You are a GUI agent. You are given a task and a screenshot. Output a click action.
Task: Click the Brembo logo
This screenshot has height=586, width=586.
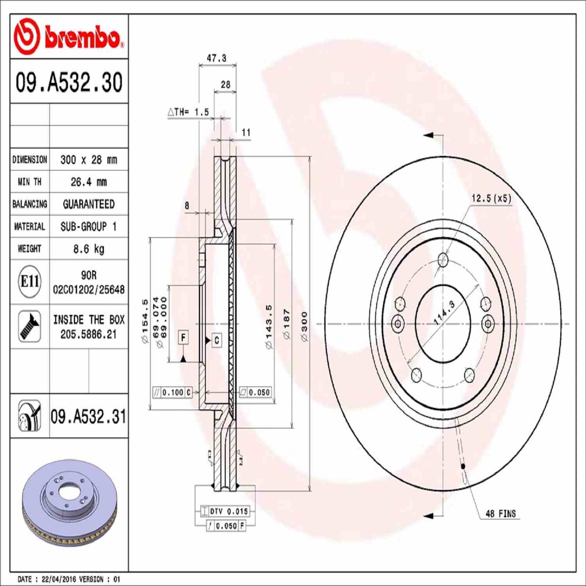(x=69, y=36)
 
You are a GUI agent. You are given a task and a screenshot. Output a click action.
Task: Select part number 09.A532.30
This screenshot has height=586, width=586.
(x=69, y=82)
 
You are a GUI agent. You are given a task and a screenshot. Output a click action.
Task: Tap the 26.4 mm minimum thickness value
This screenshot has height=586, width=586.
(x=89, y=182)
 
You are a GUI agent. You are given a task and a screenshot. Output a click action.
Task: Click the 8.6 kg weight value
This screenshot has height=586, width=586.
(x=89, y=248)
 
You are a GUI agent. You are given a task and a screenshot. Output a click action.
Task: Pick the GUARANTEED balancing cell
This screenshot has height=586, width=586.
(x=89, y=204)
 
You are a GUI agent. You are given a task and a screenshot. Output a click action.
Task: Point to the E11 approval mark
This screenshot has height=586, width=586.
(x=30, y=281)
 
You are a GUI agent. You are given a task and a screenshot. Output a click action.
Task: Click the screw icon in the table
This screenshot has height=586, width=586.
(x=30, y=326)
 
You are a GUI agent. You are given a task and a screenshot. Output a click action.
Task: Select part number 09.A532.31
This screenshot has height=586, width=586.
(x=88, y=416)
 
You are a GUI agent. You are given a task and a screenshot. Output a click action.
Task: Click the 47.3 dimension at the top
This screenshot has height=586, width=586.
(x=216, y=58)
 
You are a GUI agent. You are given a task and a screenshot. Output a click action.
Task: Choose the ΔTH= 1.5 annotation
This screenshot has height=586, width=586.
(x=189, y=112)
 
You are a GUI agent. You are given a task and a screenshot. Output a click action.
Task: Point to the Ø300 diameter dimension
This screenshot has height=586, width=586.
(x=304, y=327)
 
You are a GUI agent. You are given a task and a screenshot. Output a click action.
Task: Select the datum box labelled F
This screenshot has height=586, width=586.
(x=183, y=337)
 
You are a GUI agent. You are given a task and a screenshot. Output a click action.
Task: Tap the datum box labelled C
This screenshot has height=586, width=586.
(x=217, y=340)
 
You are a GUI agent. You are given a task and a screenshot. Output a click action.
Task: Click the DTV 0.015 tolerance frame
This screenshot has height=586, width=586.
(x=225, y=511)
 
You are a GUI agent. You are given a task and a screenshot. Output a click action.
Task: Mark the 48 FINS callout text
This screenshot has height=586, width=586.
(x=500, y=514)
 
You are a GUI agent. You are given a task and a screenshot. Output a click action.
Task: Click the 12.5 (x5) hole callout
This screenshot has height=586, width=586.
(x=491, y=198)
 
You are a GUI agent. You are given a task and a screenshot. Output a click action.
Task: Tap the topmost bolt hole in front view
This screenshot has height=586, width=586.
(x=443, y=259)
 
